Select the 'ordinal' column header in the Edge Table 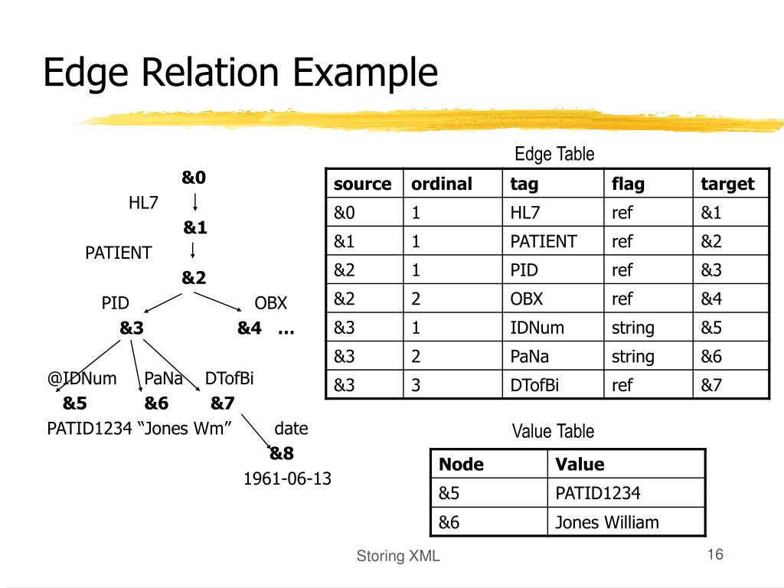pyautogui.click(x=442, y=184)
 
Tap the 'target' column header pyautogui.click(x=727, y=184)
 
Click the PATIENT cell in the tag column pyautogui.click(x=544, y=241)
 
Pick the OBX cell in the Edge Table pyautogui.click(x=526, y=299)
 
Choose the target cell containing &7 pyautogui.click(x=711, y=385)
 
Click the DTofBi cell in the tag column pyautogui.click(x=534, y=385)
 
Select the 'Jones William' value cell pyautogui.click(x=607, y=522)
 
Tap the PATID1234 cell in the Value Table pyautogui.click(x=597, y=493)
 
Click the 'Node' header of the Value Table pyautogui.click(x=461, y=464)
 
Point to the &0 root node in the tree pyautogui.click(x=194, y=177)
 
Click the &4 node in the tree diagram pyautogui.click(x=250, y=328)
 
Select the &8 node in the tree pyautogui.click(x=282, y=453)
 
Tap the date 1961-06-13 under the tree pyautogui.click(x=287, y=479)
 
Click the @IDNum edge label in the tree pyautogui.click(x=82, y=378)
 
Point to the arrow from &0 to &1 pyautogui.click(x=195, y=202)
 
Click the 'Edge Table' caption pyautogui.click(x=554, y=154)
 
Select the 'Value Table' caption pyautogui.click(x=553, y=431)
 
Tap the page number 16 pyautogui.click(x=715, y=554)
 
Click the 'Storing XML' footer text pyautogui.click(x=398, y=556)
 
